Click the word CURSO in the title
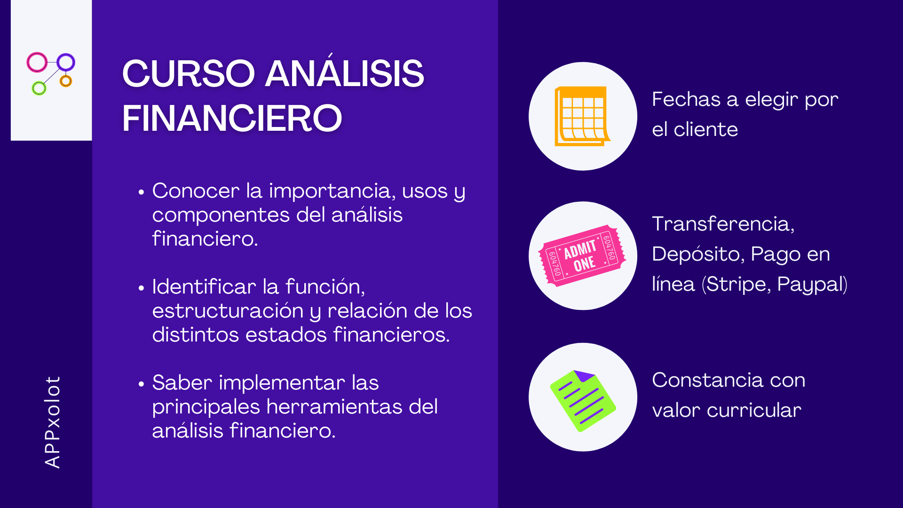(x=189, y=73)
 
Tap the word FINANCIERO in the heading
(x=232, y=118)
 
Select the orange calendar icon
(x=582, y=116)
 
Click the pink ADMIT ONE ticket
(x=582, y=256)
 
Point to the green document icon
(x=583, y=401)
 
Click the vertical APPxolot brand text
(x=52, y=422)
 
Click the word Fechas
(x=686, y=99)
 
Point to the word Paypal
(x=810, y=285)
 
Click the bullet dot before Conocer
(x=141, y=192)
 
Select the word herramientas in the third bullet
(x=334, y=407)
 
